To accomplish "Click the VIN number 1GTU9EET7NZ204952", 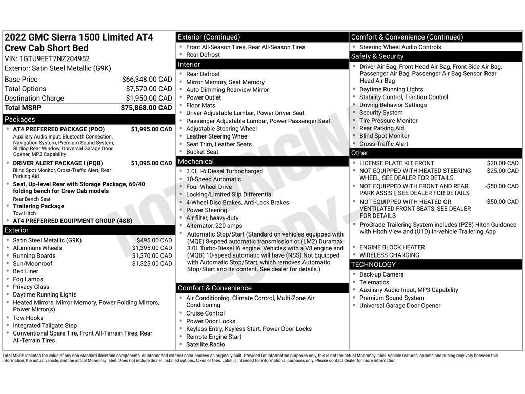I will (54, 58).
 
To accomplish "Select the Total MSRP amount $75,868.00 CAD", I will (146, 108).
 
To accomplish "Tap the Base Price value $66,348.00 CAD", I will (147, 80).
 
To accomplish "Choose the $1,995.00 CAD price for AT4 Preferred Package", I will (151, 129).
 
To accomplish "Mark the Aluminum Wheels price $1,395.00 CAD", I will (152, 248).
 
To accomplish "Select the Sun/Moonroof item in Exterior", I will (33, 264).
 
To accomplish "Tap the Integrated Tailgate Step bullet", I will (45, 326).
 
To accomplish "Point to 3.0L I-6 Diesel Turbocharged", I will (224, 171).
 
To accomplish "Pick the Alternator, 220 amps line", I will (214, 226).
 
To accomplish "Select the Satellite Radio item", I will (205, 345).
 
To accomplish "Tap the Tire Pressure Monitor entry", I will (388, 121).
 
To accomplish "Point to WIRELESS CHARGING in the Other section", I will (389, 255).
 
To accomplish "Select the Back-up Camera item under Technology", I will (381, 274).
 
